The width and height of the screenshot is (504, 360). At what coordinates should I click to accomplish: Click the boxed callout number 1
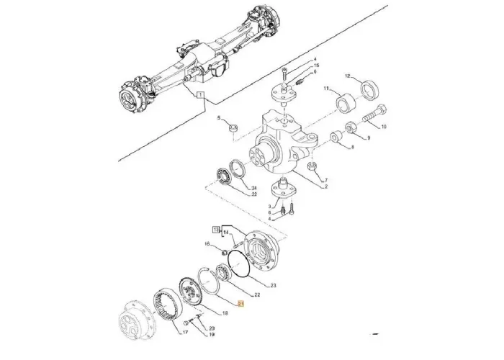[x=201, y=95]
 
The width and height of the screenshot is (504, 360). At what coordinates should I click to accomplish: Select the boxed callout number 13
[x=215, y=229]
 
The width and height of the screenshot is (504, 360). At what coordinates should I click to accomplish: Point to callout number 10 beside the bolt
[x=383, y=127]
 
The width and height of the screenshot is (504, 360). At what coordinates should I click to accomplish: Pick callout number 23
[x=272, y=286]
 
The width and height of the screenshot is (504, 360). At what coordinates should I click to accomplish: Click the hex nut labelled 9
[x=350, y=127]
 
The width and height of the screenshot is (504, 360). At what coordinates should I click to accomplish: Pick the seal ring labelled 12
[x=372, y=90]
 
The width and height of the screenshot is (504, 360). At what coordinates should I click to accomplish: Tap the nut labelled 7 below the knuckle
[x=312, y=167]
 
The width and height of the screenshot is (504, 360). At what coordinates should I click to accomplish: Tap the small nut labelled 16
[x=225, y=251]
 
